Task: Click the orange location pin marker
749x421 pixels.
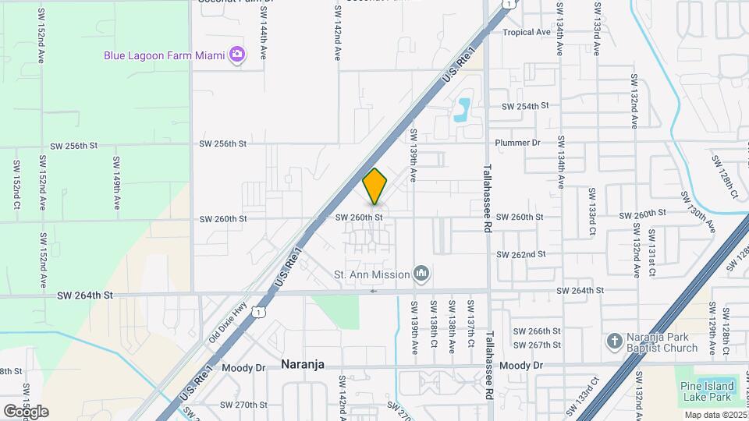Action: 375,186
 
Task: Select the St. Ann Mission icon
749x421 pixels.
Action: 422,274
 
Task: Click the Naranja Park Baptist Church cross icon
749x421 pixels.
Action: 614,341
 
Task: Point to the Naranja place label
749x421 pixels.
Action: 302,364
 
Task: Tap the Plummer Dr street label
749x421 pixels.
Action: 517,143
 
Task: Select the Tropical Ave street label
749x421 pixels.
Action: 527,32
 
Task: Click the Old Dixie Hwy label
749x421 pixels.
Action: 228,322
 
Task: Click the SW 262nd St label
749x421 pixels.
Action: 520,254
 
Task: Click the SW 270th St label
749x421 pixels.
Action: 243,405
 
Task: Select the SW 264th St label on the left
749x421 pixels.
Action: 85,295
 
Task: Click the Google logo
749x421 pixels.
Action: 26,411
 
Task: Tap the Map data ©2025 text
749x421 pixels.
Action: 715,415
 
